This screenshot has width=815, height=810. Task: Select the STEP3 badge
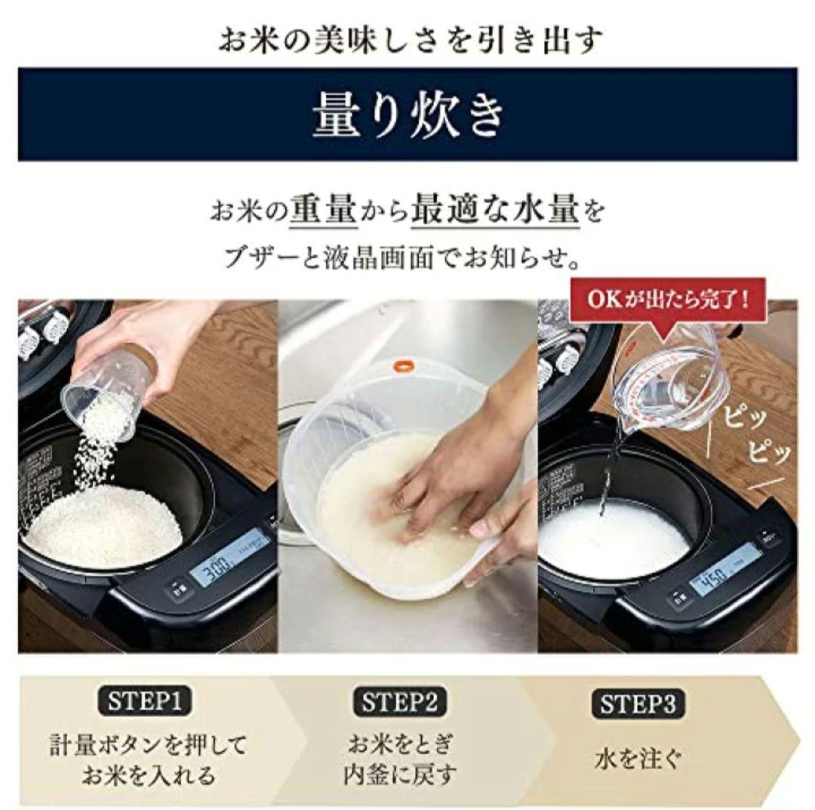pos(638,704)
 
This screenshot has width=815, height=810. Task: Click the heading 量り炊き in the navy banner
pos(407,115)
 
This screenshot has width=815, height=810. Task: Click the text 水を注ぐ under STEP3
pos(638,758)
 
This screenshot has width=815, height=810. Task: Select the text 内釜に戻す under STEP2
pos(399,775)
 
